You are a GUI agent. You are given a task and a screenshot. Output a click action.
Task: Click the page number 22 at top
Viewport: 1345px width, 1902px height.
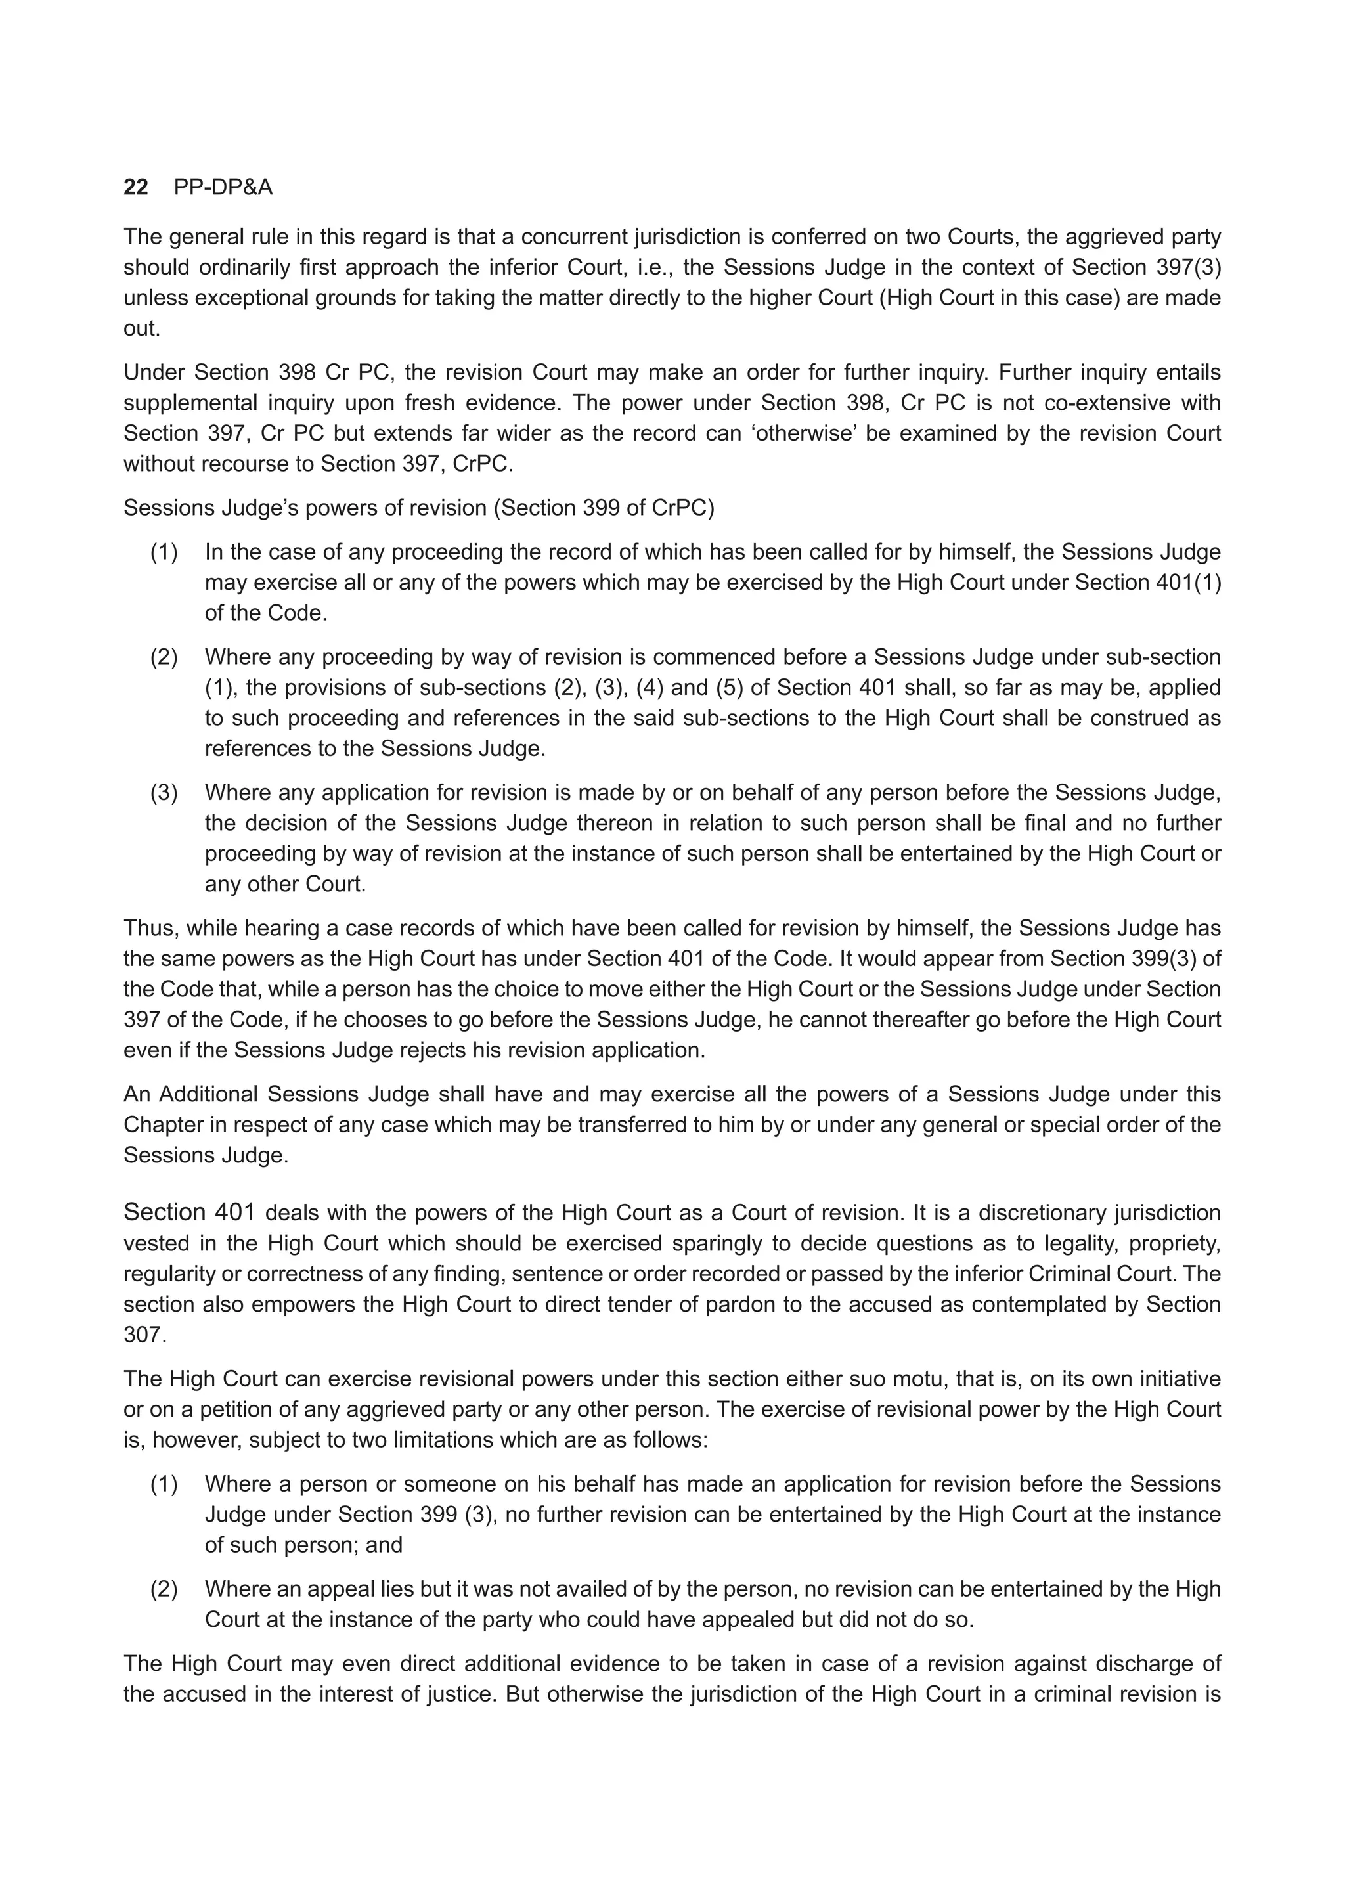point(136,188)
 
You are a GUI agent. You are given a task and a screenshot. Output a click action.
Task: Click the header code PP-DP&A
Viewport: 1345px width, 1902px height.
point(223,188)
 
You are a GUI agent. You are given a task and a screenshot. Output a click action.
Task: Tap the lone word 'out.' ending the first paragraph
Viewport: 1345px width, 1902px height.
point(142,329)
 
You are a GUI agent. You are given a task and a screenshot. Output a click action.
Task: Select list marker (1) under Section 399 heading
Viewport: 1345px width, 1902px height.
point(164,552)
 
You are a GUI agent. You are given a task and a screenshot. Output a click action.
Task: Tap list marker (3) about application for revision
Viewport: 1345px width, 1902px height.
point(164,793)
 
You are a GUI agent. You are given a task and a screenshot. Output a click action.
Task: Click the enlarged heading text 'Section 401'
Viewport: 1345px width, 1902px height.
point(189,1213)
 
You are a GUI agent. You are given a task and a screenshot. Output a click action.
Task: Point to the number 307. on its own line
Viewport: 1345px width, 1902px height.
point(145,1335)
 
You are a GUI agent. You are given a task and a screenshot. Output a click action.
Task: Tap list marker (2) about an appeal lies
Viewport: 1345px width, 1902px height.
point(164,1589)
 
